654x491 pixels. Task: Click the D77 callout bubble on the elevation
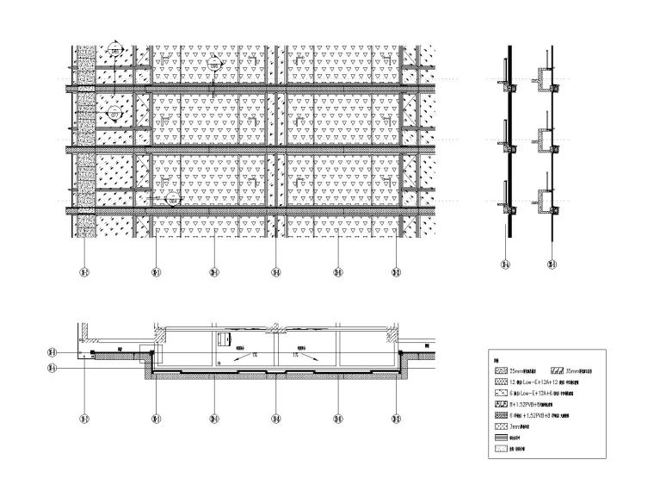[115, 114]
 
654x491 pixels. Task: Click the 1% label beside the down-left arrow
[255, 354]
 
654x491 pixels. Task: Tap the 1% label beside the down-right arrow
[294, 354]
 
